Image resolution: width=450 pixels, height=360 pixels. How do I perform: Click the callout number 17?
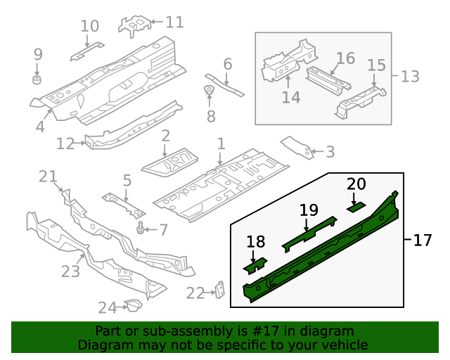422,240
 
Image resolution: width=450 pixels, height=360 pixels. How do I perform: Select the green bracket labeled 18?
255,266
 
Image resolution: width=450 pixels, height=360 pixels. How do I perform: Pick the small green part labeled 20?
356,206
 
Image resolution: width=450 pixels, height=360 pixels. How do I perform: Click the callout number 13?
409,75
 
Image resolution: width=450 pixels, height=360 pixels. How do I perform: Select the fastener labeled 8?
209,91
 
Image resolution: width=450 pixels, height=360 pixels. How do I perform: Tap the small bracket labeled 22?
220,290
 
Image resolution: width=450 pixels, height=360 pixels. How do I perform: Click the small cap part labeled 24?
131,305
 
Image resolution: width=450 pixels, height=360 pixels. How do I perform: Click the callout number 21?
47,176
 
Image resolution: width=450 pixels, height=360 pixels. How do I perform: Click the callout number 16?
345,58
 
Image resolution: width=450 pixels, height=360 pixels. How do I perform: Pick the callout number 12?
65,143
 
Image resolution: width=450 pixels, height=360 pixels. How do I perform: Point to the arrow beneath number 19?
307,224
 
